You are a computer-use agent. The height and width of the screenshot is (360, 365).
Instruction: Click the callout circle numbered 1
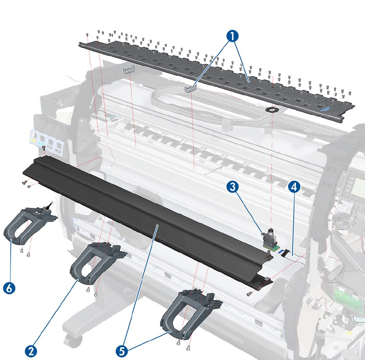click(232, 36)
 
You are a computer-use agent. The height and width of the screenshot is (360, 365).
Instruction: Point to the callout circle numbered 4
click(294, 187)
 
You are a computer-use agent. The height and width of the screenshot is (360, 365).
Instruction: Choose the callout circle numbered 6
click(10, 288)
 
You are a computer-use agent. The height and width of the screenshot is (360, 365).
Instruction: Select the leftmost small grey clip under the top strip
click(128, 71)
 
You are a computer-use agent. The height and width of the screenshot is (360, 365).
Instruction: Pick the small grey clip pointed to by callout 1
click(190, 89)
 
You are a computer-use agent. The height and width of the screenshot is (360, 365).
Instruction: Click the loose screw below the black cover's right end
click(250, 294)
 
